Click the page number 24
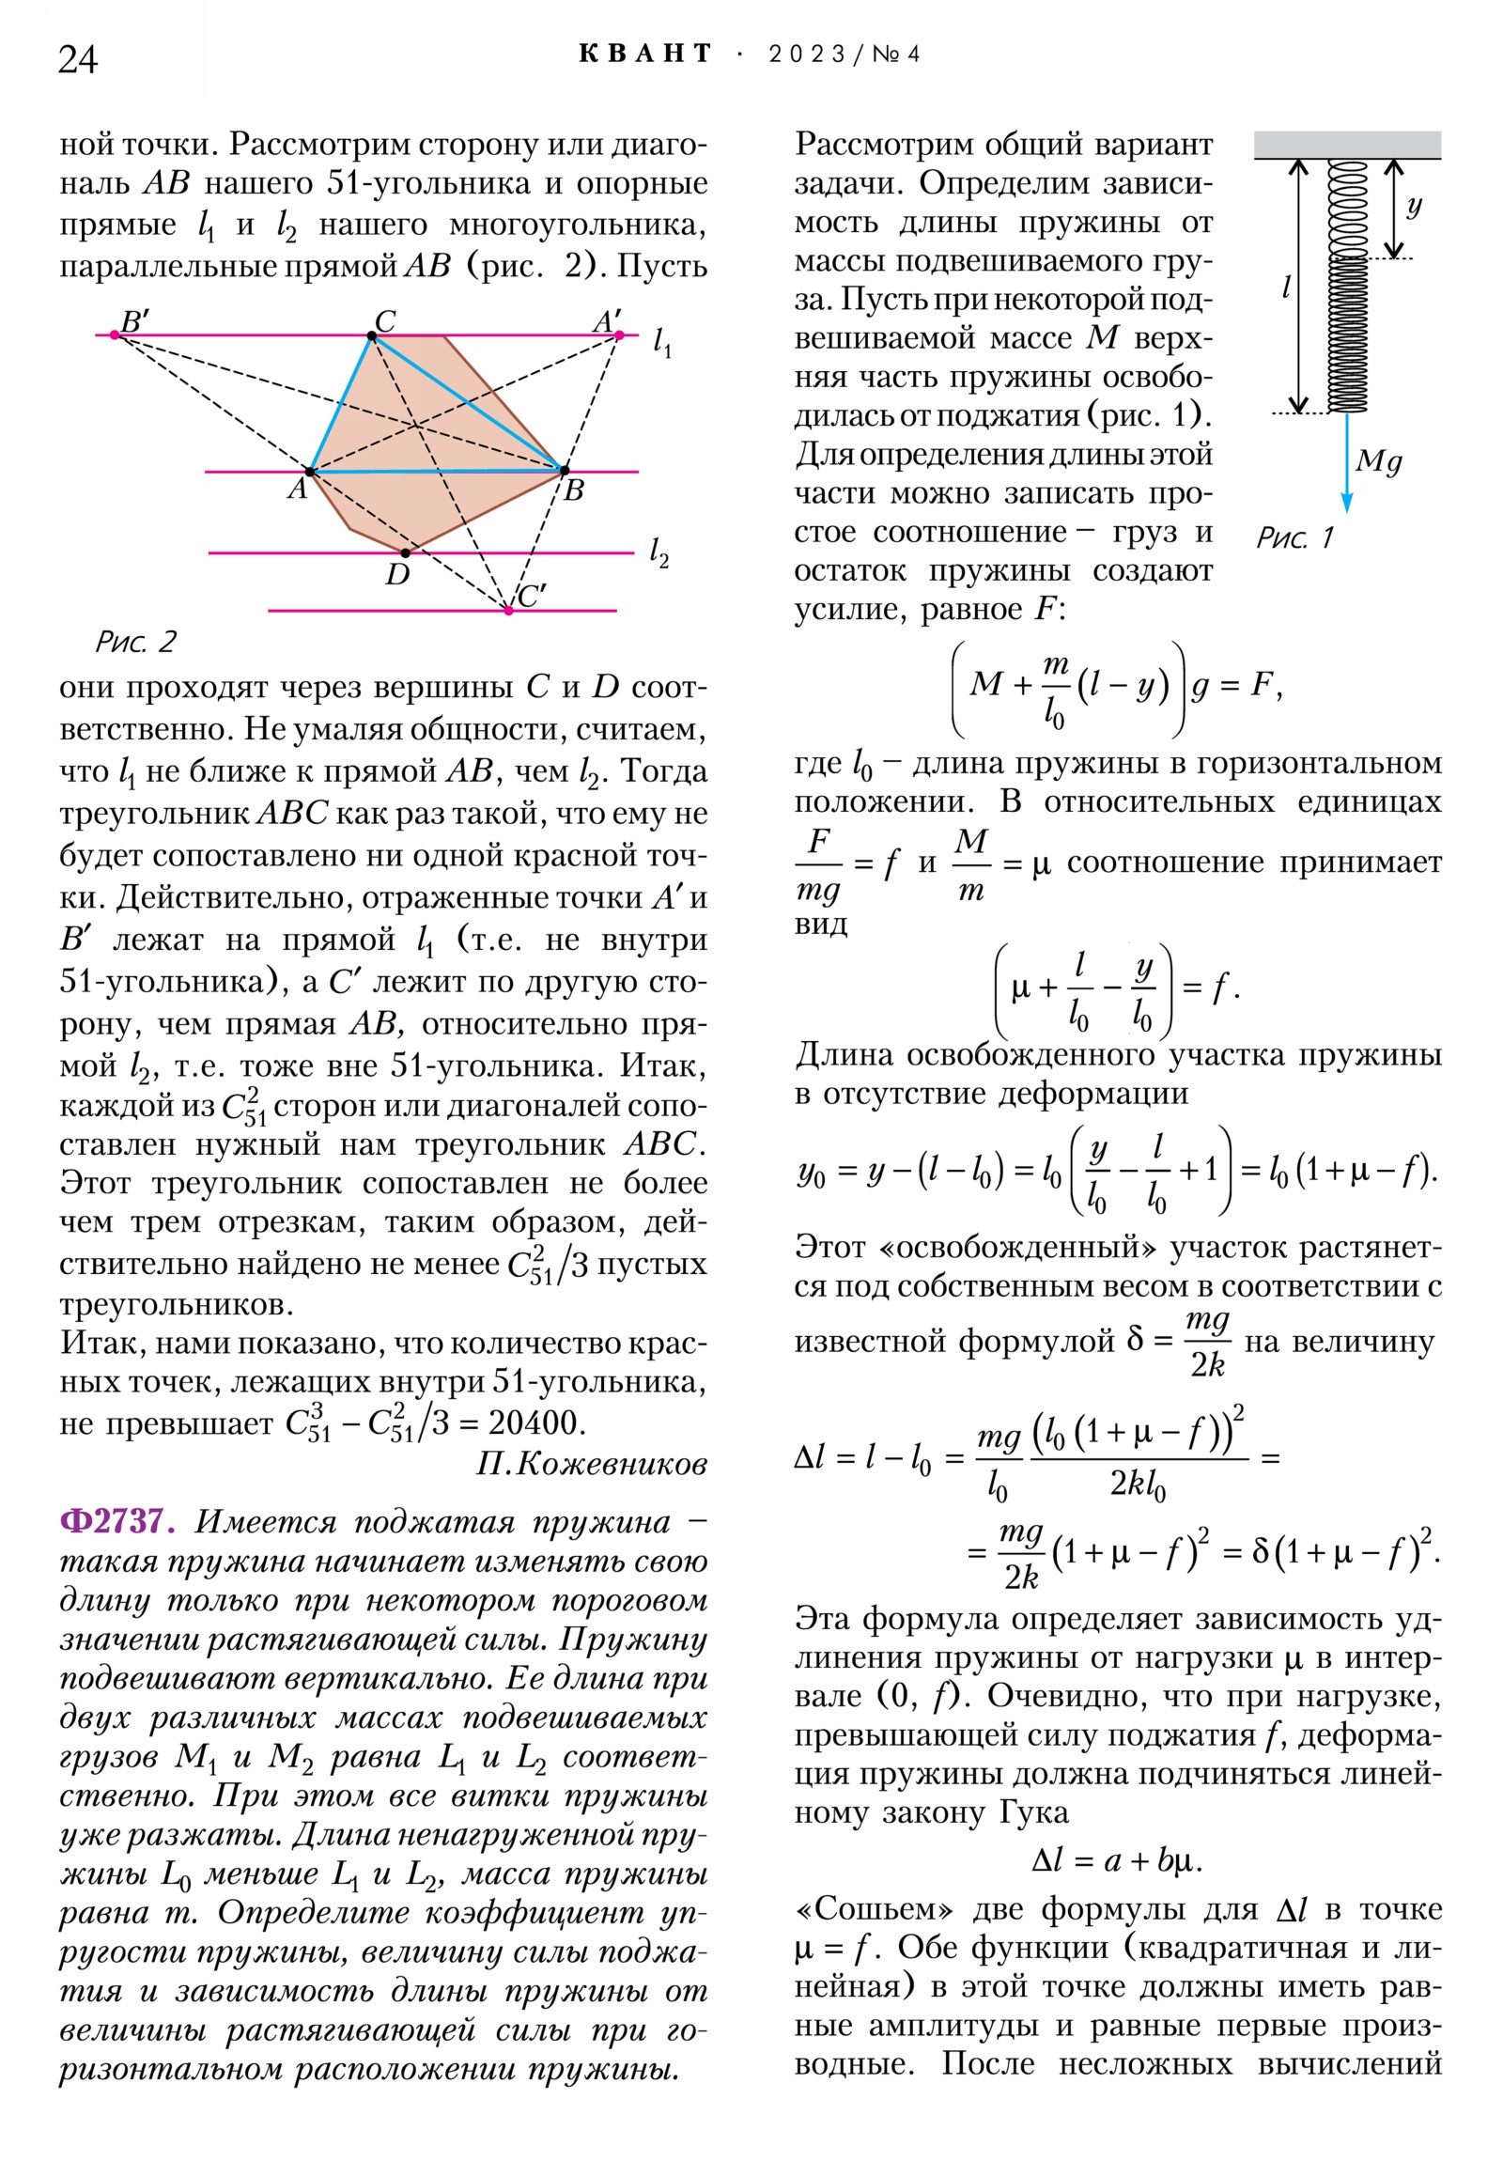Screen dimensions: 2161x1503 (x=77, y=59)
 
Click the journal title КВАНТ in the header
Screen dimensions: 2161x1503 (x=645, y=54)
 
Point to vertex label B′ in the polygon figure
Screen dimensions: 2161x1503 (x=134, y=321)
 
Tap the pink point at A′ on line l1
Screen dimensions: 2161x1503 (x=618, y=334)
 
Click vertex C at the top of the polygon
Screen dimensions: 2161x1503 (x=373, y=335)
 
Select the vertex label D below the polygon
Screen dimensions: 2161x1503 (x=397, y=574)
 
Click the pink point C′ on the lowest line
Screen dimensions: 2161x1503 (x=508, y=610)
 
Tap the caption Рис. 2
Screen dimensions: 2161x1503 (x=135, y=642)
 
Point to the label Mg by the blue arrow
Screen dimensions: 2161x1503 (x=1378, y=460)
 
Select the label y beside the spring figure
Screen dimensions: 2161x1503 (x=1414, y=205)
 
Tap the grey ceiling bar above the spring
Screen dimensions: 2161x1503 (x=1347, y=144)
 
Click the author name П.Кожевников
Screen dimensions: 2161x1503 (x=591, y=1464)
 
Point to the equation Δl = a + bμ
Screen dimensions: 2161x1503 (x=1116, y=1860)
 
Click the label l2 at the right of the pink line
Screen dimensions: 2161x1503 (x=659, y=552)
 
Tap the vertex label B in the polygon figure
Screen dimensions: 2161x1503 (x=574, y=490)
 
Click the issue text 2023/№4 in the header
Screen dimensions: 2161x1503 (x=844, y=54)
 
